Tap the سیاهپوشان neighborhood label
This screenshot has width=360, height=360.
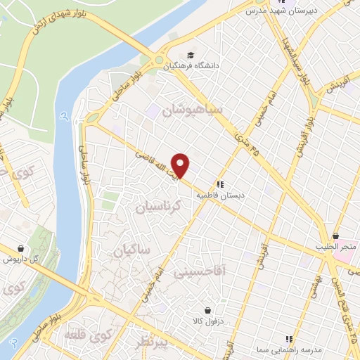pyautogui.click(x=192, y=110)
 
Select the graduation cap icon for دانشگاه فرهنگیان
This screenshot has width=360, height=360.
pyautogui.click(x=190, y=56)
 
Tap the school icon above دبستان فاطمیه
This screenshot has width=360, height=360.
pyautogui.click(x=220, y=184)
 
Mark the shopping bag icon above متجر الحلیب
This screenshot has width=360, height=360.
pyautogui.click(x=337, y=236)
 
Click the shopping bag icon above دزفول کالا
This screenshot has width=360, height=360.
pyautogui.click(x=207, y=309)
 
